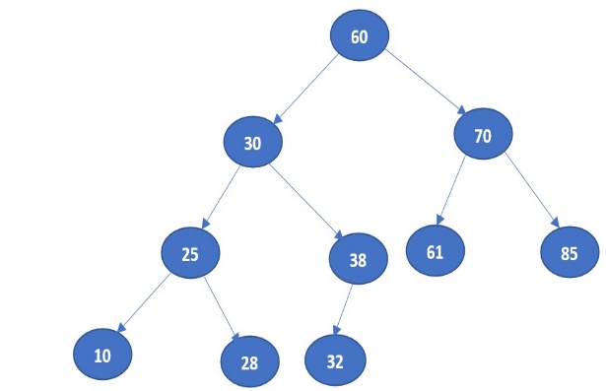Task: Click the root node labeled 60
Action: (x=360, y=37)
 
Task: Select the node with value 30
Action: (x=253, y=143)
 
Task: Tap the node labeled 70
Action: (x=482, y=137)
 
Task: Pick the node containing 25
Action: (x=190, y=253)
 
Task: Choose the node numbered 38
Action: (x=358, y=260)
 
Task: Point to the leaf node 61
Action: (x=435, y=251)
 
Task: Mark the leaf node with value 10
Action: (x=102, y=355)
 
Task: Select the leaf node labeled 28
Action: (x=249, y=362)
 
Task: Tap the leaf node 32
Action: (x=335, y=360)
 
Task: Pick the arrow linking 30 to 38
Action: (x=305, y=198)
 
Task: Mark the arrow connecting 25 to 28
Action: (x=219, y=305)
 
